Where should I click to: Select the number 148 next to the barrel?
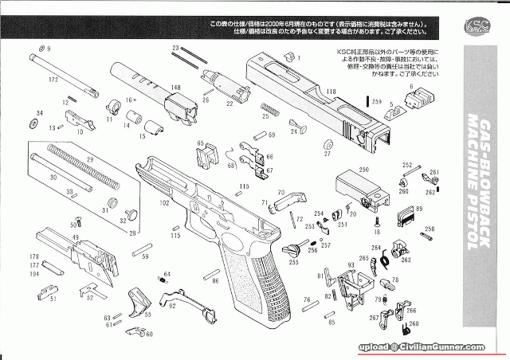point(175,88)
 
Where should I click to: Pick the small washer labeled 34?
point(38,125)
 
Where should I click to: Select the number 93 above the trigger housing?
point(351,264)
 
